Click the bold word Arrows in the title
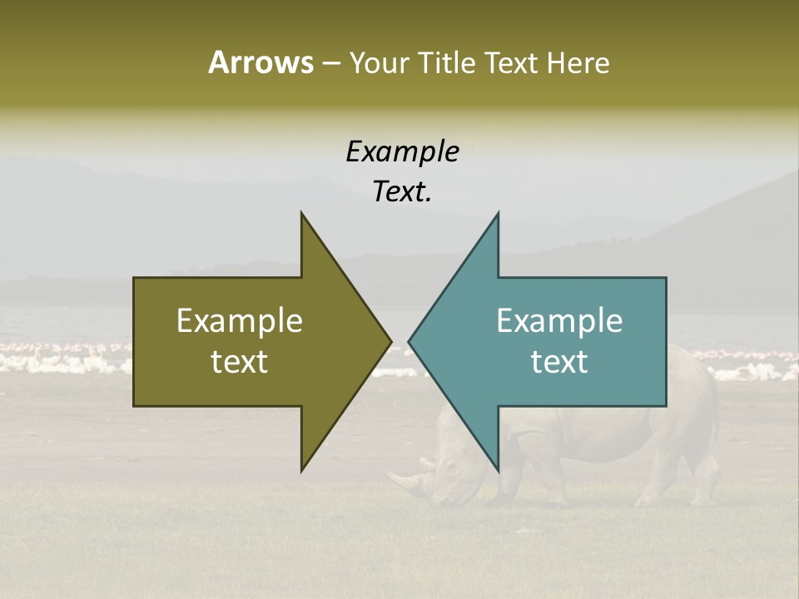(x=260, y=62)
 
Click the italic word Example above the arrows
(x=402, y=152)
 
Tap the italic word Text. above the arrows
(x=402, y=192)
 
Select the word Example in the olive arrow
(x=240, y=320)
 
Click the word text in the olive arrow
(x=240, y=362)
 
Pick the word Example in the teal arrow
(x=559, y=320)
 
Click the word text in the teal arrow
(x=559, y=362)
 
